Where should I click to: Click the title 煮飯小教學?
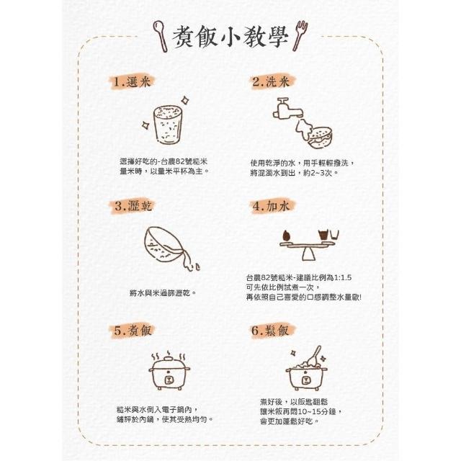click(230, 37)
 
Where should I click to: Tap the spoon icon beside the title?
click(160, 36)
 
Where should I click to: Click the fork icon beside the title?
click(300, 35)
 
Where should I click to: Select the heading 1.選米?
click(132, 82)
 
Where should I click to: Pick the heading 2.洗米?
click(271, 81)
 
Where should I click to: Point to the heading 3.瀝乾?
click(133, 206)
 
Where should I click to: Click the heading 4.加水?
click(271, 206)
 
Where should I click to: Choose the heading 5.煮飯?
click(133, 331)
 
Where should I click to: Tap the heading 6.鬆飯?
click(270, 331)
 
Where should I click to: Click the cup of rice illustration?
click(168, 125)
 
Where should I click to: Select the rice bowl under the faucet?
click(321, 138)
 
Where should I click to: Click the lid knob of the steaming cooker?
click(169, 358)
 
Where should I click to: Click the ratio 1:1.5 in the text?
click(343, 277)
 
